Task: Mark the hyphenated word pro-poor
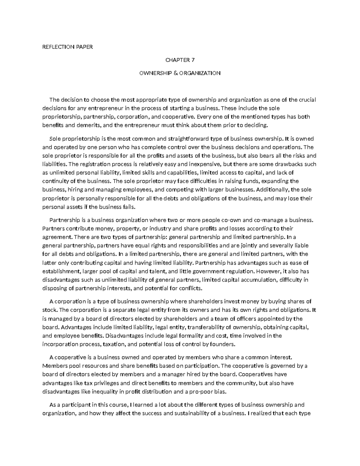[x=202, y=391]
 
